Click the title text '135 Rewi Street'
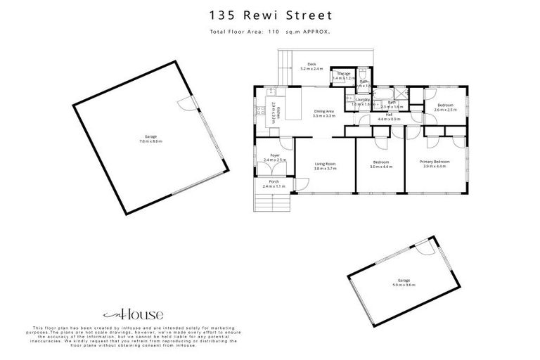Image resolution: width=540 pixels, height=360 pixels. [x=270, y=15]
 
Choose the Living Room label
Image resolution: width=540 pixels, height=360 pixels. [x=325, y=166]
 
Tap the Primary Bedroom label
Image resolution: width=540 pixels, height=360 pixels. [x=436, y=163]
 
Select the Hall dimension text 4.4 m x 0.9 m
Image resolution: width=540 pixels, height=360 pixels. [x=389, y=119]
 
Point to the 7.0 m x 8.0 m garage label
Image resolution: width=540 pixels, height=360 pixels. [x=150, y=139]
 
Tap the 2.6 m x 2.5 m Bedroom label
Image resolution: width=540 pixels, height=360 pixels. [x=445, y=108]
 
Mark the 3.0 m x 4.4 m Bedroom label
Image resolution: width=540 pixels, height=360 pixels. [x=382, y=166]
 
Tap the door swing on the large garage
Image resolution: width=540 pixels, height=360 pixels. [x=184, y=103]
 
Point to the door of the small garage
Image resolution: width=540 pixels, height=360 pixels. [x=423, y=247]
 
